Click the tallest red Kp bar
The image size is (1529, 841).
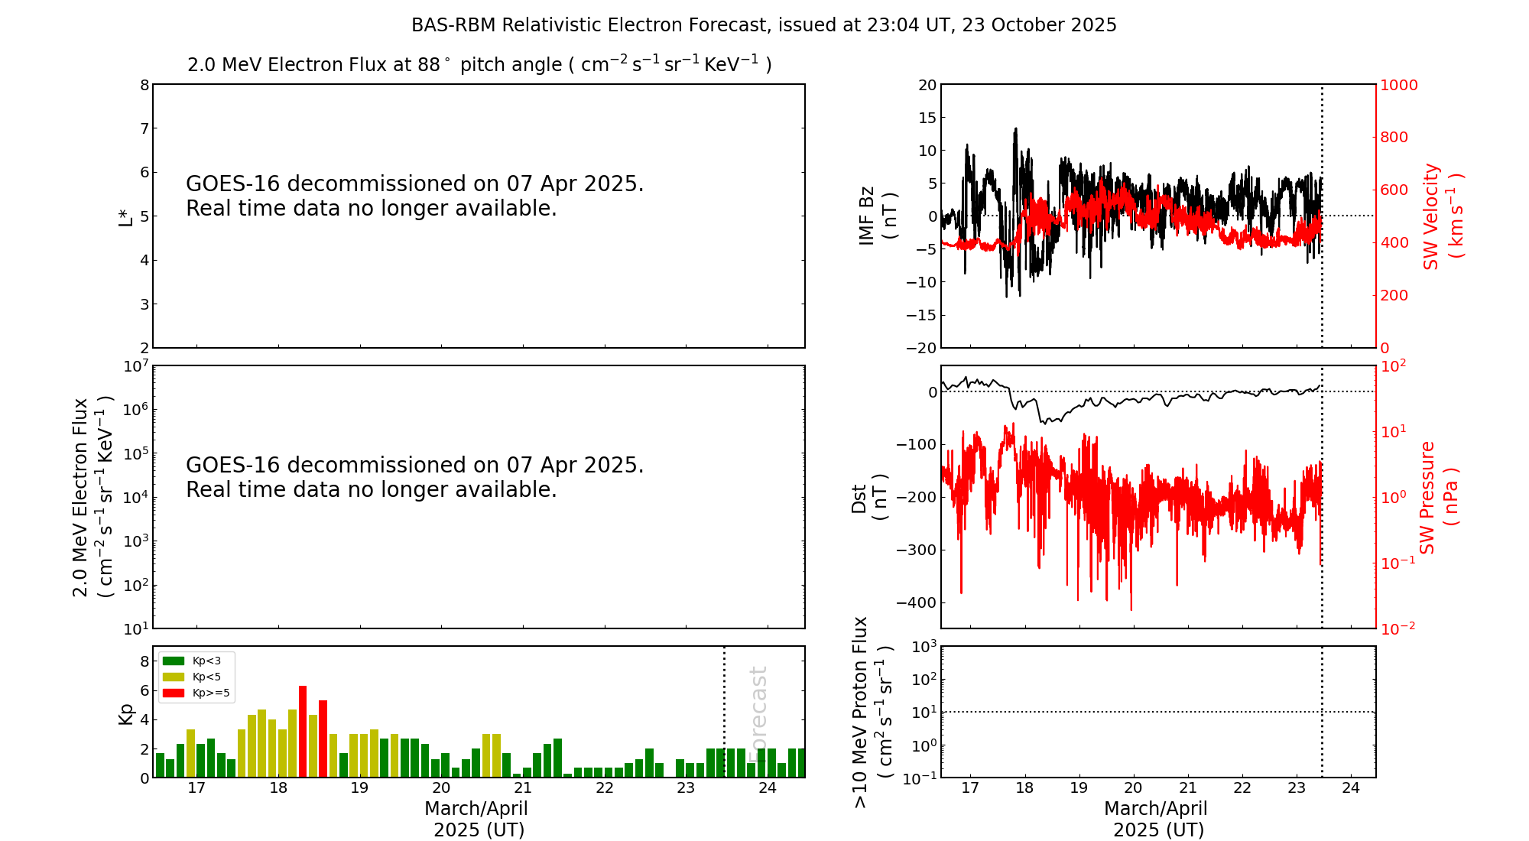303,732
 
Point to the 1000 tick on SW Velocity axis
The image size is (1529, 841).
1398,85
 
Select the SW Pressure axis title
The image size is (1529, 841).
1438,497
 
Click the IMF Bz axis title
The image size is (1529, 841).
878,216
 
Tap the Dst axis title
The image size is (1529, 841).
869,498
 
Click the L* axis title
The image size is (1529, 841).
126,216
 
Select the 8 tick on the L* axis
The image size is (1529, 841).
144,85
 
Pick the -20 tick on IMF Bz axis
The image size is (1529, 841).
920,348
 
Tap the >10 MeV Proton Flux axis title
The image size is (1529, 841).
872,712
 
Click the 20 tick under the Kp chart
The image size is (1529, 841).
441,788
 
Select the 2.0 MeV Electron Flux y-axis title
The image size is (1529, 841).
92,497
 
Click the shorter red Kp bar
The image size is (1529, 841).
323,739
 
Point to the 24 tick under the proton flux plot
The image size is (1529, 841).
1351,788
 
